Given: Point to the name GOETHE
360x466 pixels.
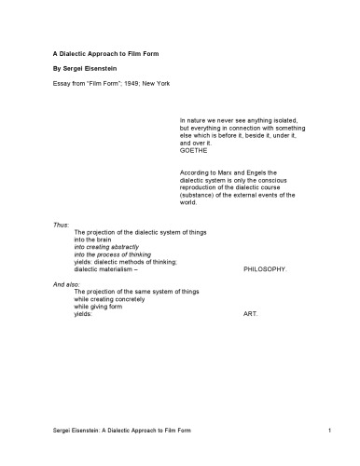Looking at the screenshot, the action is point(193,150).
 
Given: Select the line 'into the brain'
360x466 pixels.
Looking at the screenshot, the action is point(94,239).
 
